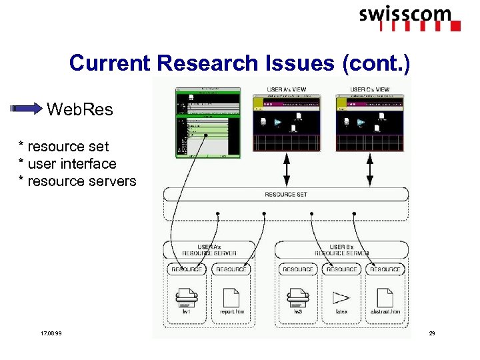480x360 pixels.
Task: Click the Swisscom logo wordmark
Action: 405,15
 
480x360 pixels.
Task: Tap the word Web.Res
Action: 80,109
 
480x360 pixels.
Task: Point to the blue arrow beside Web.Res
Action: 28,109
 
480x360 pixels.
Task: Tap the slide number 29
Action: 431,333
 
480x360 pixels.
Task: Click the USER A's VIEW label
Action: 286,89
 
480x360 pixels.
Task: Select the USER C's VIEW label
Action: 370,89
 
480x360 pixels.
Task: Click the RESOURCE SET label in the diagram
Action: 286,194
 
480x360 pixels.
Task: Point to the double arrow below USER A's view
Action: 286,169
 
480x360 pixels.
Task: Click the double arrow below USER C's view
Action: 371,169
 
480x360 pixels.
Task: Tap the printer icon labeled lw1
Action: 186,296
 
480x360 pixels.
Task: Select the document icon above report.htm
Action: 231,297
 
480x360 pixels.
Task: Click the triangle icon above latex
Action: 341,297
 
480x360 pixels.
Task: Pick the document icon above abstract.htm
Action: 385,297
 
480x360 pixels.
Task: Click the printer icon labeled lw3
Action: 297,296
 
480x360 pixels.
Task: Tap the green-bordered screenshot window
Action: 207,123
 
